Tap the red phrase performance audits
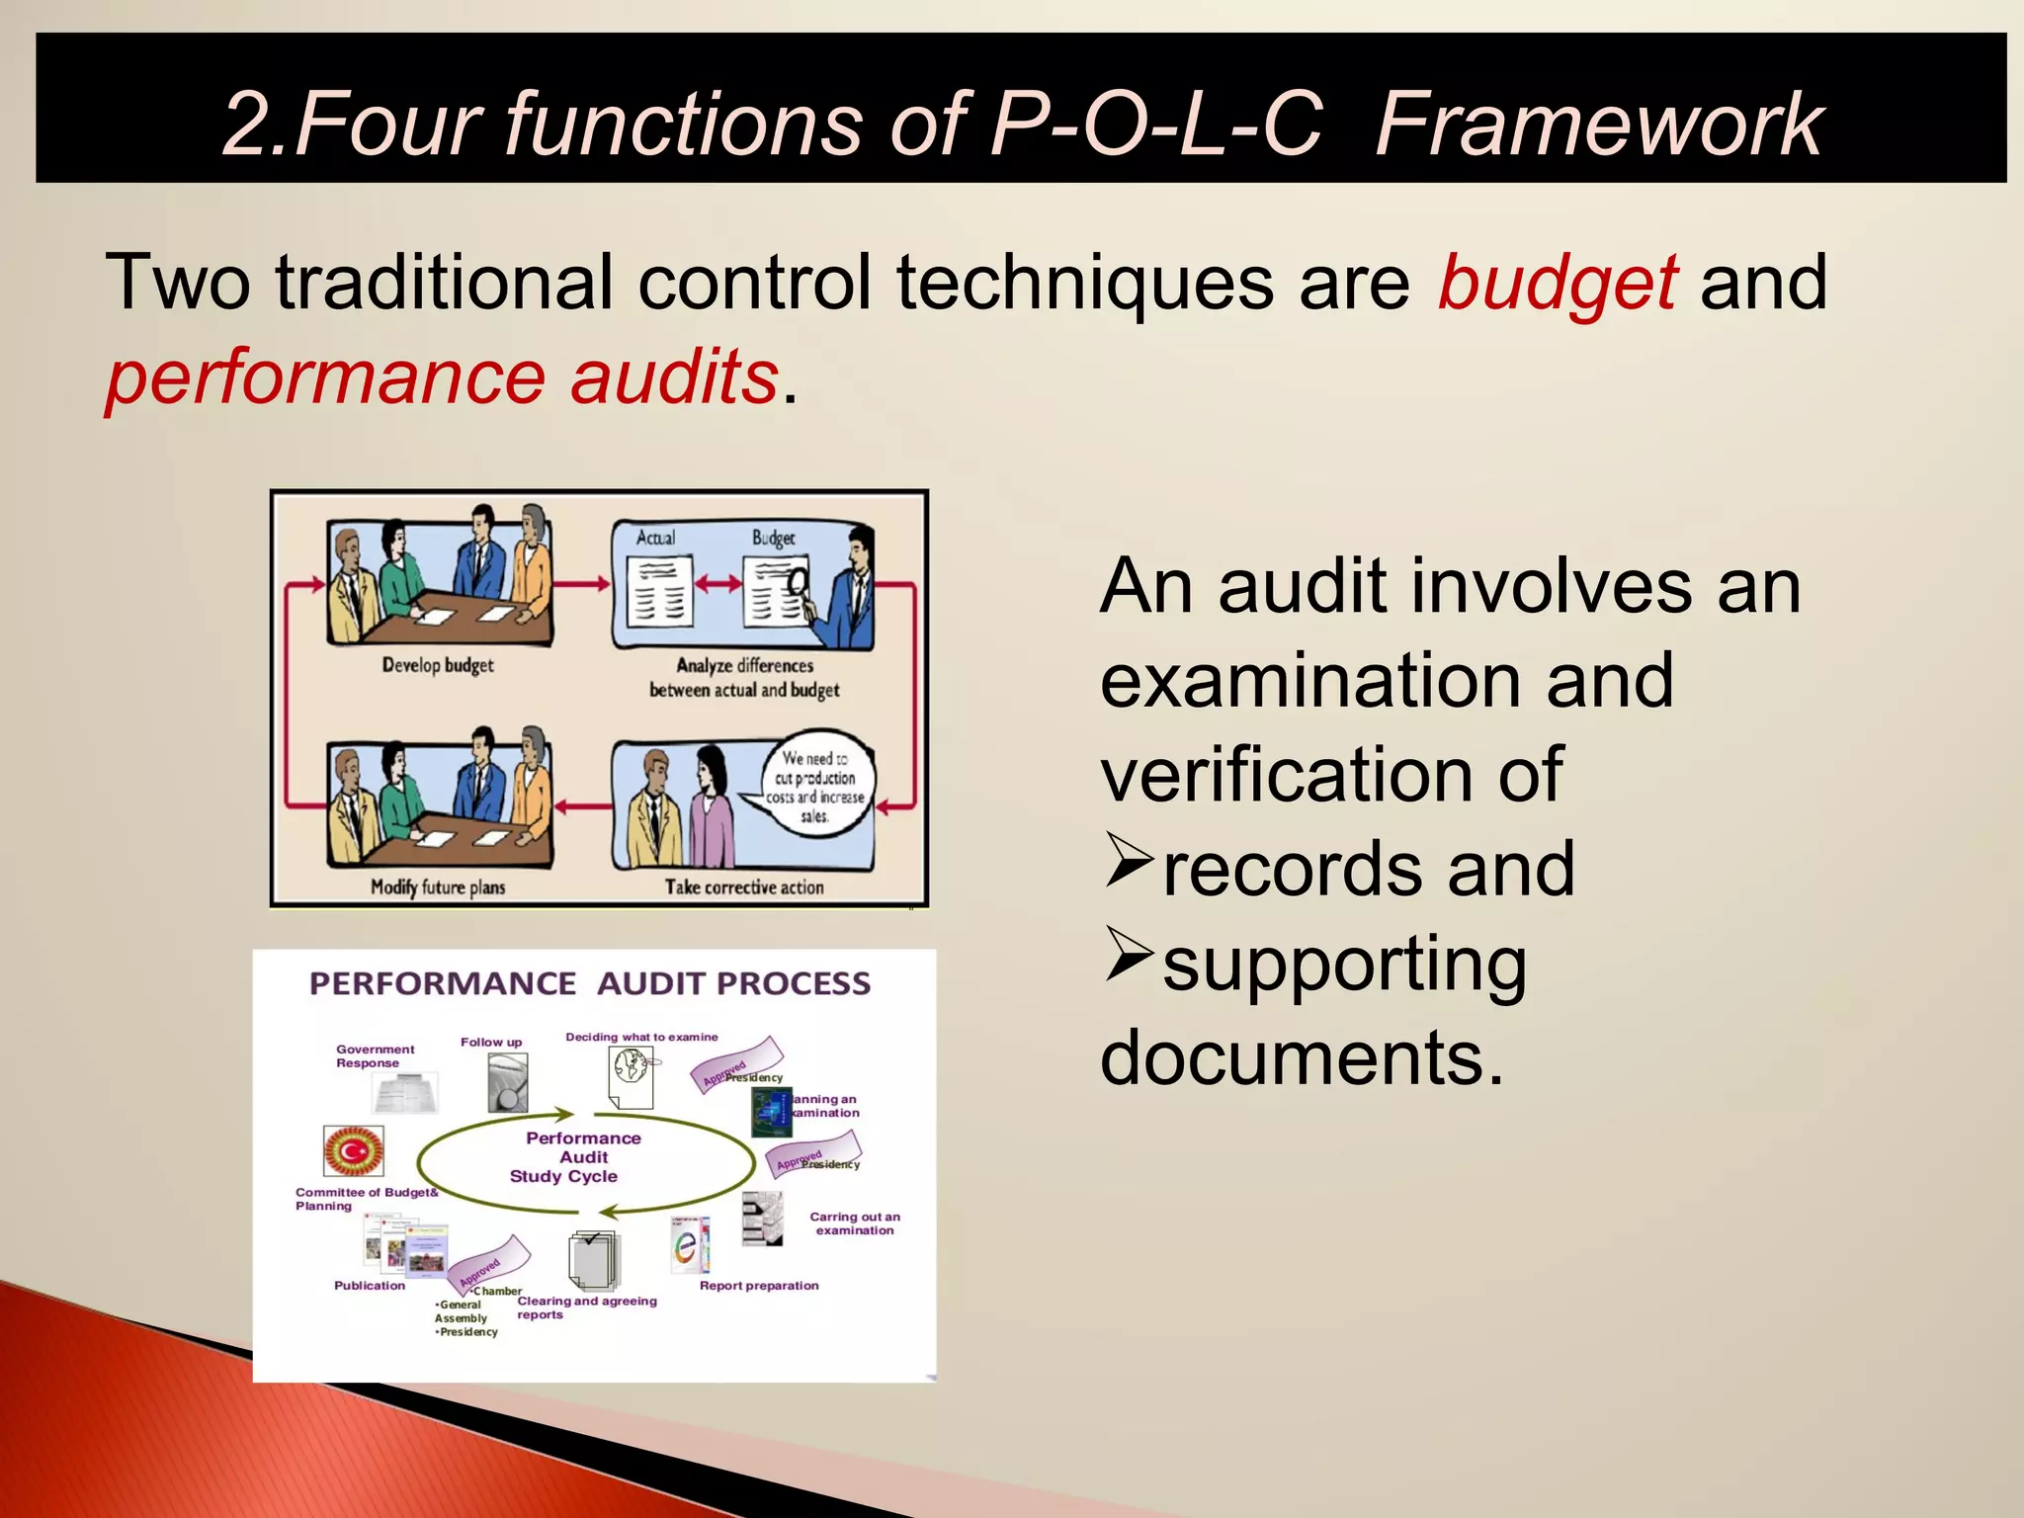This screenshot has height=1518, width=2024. (x=442, y=379)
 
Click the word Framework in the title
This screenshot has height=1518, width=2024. (x=1598, y=125)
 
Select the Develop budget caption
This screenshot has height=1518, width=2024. (x=438, y=665)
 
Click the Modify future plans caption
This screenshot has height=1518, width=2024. (x=438, y=886)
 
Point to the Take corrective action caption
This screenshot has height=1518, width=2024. (x=744, y=886)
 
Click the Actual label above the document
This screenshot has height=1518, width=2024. (x=655, y=538)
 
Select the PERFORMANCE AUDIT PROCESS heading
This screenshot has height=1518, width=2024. (x=590, y=983)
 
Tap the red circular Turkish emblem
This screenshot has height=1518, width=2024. (x=353, y=1151)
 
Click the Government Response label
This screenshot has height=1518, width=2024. (x=374, y=1056)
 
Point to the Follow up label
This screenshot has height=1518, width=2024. (x=491, y=1042)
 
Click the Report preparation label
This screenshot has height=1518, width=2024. (x=759, y=1286)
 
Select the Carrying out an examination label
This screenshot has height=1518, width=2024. (x=855, y=1223)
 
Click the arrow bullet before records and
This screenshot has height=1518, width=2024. (x=1129, y=860)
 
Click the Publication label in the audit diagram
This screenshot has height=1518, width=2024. (x=370, y=1286)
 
